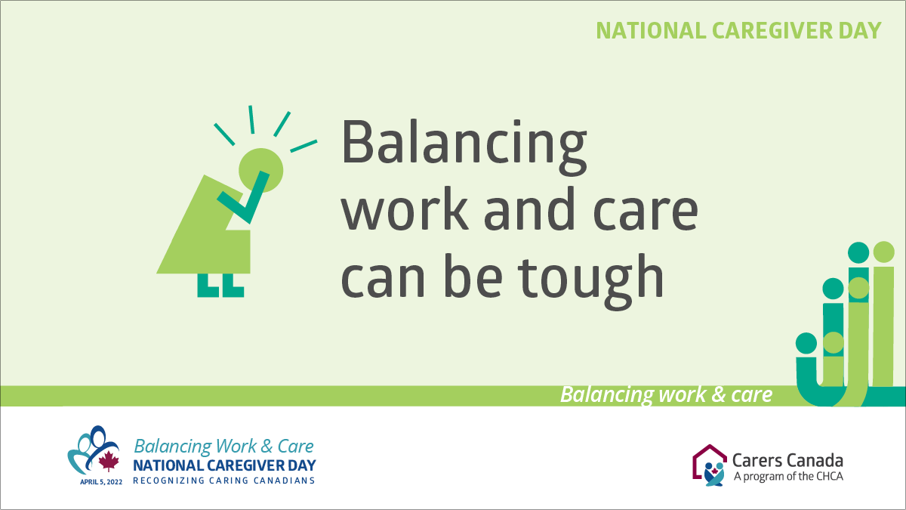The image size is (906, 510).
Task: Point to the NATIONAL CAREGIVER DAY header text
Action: click(x=738, y=30)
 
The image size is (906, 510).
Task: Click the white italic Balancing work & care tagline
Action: click(x=666, y=394)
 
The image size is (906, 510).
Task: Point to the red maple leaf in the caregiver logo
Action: click(x=109, y=460)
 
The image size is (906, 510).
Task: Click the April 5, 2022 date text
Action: click(x=98, y=481)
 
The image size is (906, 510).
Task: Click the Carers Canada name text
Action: click(x=787, y=460)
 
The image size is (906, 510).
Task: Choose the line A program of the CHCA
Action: click(x=787, y=476)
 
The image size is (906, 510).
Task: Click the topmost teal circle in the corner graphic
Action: click(x=858, y=252)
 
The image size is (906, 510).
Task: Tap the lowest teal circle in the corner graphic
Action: click(x=806, y=343)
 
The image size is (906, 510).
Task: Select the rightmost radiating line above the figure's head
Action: click(x=304, y=145)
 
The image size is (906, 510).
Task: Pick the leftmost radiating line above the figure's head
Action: click(x=224, y=133)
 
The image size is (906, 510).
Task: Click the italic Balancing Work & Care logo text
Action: click(x=223, y=446)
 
